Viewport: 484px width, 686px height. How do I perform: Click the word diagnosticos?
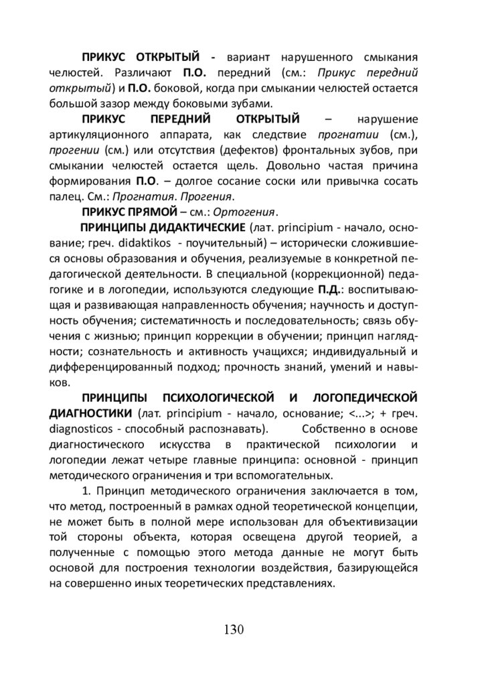pyautogui.click(x=82, y=428)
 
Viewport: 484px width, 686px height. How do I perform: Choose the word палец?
pyautogui.click(x=64, y=197)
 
